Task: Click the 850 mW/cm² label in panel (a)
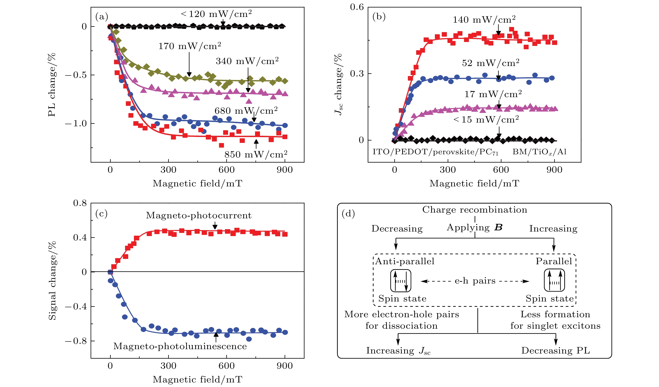(x=256, y=154)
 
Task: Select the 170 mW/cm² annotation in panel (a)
(x=190, y=46)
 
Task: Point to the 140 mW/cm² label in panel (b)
(x=484, y=20)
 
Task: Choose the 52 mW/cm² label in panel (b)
(x=491, y=63)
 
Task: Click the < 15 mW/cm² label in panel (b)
(x=486, y=120)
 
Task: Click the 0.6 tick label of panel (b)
(x=357, y=7)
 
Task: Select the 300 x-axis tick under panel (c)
(x=168, y=366)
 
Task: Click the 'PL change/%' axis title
(x=52, y=85)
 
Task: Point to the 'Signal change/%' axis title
(x=52, y=281)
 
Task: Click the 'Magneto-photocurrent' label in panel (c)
(x=199, y=215)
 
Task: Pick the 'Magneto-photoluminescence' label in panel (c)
(x=180, y=346)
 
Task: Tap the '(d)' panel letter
(x=348, y=214)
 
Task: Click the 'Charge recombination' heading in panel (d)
(x=475, y=210)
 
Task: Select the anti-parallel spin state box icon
(x=401, y=281)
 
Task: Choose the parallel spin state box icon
(x=554, y=281)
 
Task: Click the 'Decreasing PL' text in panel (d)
(x=555, y=350)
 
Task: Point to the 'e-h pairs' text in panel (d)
(x=475, y=281)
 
